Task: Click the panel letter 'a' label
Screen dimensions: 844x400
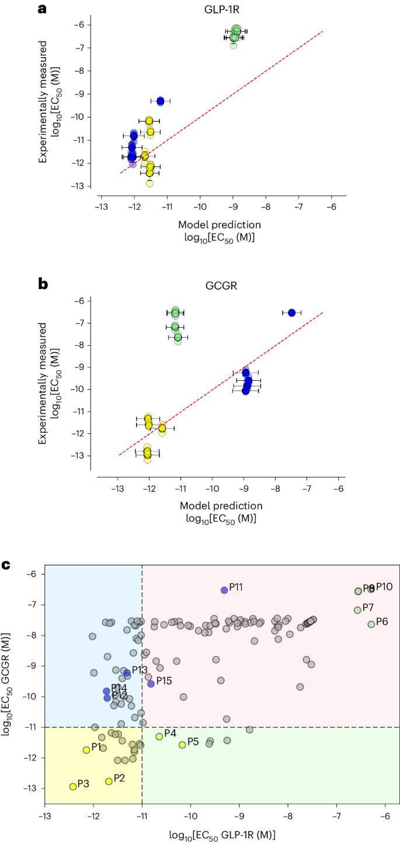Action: [42, 9]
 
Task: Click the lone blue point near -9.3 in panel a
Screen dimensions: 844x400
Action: [161, 101]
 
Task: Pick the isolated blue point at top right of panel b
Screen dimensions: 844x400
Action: [292, 312]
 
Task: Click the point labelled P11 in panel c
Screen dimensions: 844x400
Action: [224, 590]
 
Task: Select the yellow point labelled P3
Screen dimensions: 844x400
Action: [73, 786]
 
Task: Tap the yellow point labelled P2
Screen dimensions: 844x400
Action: [109, 781]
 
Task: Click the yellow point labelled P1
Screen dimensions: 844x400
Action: [86, 749]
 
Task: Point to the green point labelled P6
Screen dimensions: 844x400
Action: [371, 624]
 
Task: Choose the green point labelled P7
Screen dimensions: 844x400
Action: [357, 610]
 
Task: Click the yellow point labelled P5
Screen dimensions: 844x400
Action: [182, 745]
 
